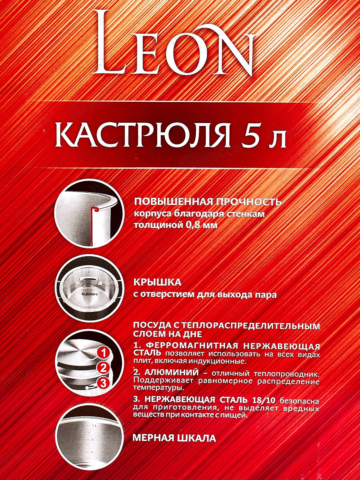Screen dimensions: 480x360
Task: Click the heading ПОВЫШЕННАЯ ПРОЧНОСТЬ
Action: (x=207, y=202)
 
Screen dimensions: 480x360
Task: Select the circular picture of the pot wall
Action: (x=89, y=214)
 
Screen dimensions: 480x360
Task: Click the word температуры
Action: (x=158, y=388)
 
